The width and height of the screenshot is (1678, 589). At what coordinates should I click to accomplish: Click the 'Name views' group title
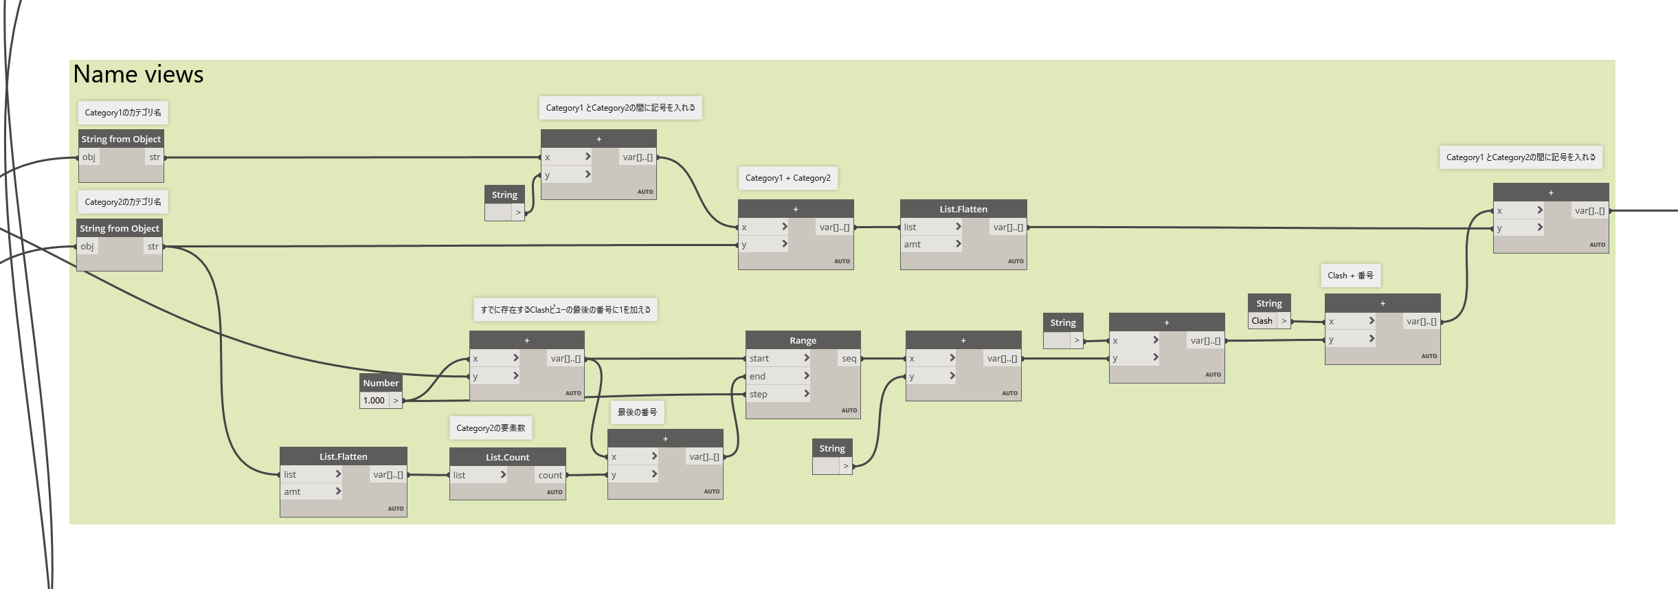(x=138, y=74)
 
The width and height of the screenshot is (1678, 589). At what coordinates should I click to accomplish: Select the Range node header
(x=803, y=340)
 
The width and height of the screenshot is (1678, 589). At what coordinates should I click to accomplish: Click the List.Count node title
(x=507, y=457)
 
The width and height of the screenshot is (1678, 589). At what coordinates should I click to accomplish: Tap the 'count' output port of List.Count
(x=550, y=475)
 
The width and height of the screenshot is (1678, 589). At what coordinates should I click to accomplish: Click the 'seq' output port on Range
(x=849, y=358)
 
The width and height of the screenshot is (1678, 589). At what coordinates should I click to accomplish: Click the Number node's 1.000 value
(x=374, y=401)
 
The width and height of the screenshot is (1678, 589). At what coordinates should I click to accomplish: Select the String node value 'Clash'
(x=1262, y=321)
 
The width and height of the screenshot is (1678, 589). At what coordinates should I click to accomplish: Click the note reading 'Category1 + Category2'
(x=787, y=178)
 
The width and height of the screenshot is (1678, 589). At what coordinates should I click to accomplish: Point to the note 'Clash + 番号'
(x=1350, y=276)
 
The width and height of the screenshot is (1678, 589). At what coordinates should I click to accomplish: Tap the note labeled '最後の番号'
(x=637, y=412)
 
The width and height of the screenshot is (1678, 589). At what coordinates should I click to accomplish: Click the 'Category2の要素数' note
(x=491, y=428)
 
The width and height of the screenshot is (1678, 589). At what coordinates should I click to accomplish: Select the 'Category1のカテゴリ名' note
(x=123, y=113)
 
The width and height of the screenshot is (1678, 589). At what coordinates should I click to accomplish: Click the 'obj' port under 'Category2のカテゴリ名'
(x=87, y=247)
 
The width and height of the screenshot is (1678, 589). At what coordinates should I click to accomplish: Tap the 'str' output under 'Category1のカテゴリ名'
(x=155, y=157)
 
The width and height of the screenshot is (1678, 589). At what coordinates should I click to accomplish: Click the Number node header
(x=381, y=383)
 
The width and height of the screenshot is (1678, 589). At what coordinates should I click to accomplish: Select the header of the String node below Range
(x=832, y=448)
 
